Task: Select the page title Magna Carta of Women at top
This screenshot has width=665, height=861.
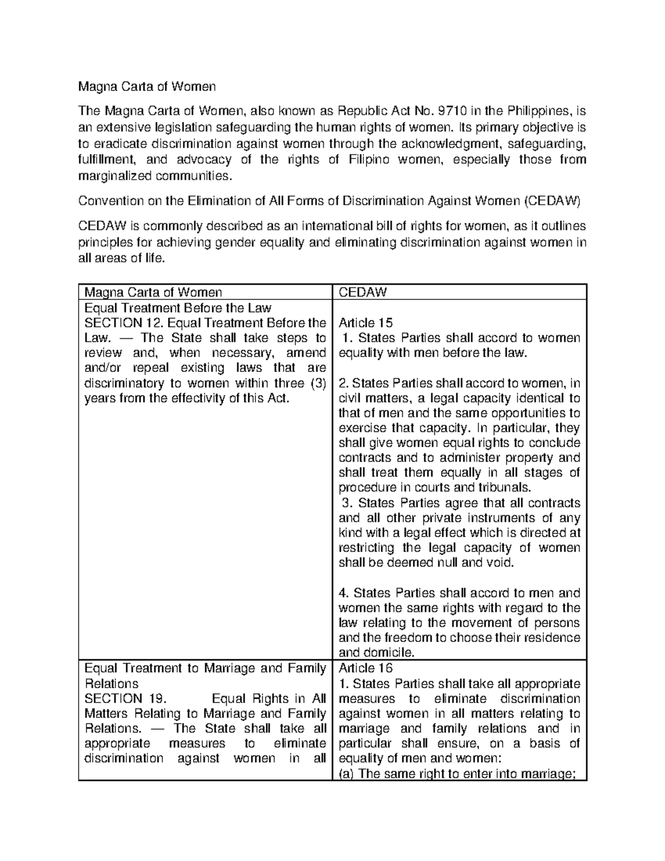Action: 146,86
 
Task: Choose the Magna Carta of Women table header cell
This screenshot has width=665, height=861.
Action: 153,292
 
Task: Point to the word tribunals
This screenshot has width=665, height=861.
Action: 504,488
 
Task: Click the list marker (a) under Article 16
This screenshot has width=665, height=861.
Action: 346,774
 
